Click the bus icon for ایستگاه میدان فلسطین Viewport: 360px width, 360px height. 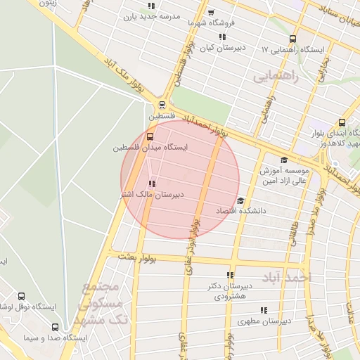(149, 136)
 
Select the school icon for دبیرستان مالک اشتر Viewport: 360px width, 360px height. (152, 184)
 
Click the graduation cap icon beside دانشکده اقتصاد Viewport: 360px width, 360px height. (240, 200)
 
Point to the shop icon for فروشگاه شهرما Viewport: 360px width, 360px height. (212, 13)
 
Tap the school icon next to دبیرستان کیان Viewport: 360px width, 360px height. (222, 37)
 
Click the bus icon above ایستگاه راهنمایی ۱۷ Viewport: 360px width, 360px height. (292, 39)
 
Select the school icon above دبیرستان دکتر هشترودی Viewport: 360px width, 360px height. (230, 275)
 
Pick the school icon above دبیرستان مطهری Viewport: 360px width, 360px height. (264, 309)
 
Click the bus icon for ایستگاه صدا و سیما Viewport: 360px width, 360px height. (56, 327)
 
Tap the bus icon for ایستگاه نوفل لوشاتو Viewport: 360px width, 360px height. (21, 297)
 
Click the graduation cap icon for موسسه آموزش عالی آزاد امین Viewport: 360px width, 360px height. (283, 160)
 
